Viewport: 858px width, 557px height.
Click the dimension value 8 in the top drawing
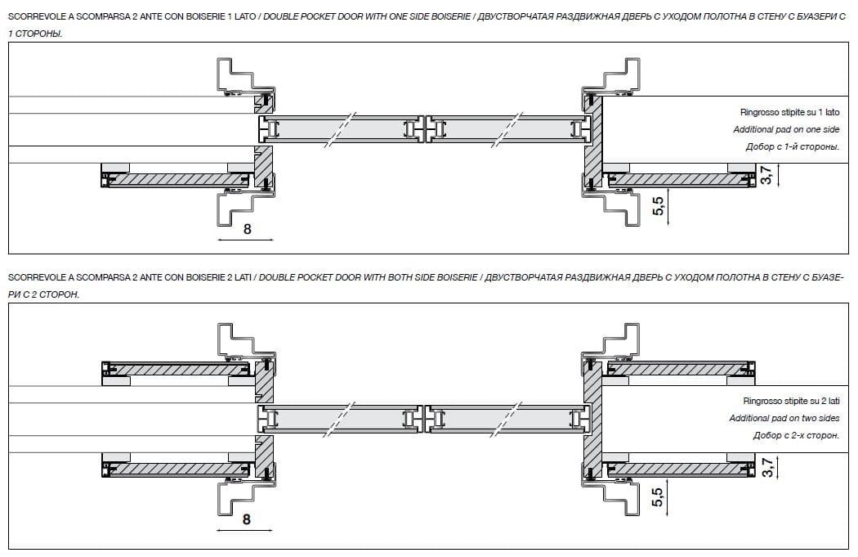247,229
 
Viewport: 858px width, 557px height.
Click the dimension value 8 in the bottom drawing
247,519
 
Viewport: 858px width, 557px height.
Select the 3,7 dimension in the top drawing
766,175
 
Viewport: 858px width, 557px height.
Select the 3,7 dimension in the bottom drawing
766,468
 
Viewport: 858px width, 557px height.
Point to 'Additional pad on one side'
786,130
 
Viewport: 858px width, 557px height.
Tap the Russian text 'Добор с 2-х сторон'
796,435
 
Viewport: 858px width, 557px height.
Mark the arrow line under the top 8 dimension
245,241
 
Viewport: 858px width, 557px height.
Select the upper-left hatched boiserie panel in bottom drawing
176,370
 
